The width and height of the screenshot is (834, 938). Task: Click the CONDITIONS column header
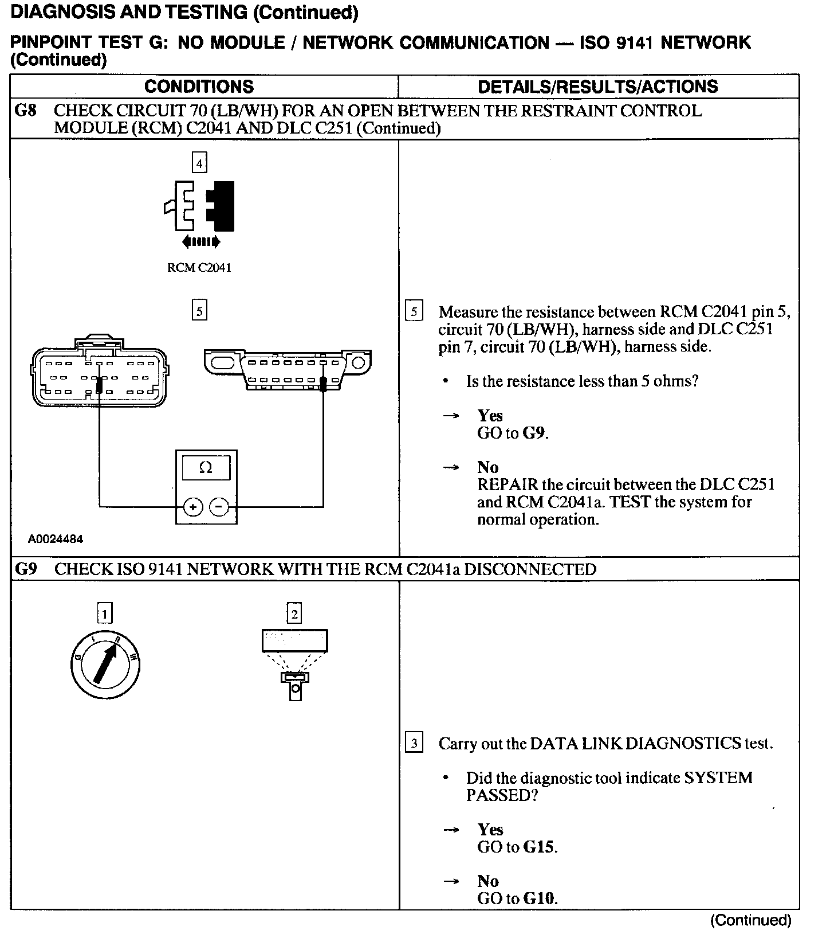point(199,87)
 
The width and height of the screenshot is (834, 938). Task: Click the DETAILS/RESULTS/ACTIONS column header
point(597,87)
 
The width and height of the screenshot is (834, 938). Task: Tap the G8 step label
point(26,111)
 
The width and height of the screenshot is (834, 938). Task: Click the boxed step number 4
point(199,163)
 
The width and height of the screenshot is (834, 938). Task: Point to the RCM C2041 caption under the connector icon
point(199,268)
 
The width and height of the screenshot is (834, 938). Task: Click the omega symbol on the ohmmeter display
point(206,468)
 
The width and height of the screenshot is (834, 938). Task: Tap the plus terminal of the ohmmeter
point(193,507)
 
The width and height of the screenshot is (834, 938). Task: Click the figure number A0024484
point(56,539)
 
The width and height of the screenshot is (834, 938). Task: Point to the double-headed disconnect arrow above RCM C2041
point(201,243)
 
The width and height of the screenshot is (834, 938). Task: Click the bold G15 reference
point(538,847)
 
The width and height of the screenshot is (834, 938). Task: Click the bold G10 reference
point(538,898)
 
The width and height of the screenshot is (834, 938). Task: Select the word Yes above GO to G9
point(490,416)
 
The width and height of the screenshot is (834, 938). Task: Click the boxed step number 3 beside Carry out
point(414,744)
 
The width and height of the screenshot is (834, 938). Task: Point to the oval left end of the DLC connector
point(221,363)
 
